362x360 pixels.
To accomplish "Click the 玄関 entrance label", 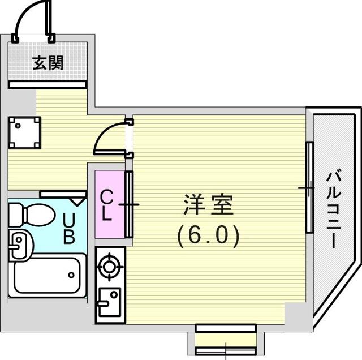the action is click(48, 63).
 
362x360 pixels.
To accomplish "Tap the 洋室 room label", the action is click(208, 205).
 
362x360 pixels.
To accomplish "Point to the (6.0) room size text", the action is click(208, 236).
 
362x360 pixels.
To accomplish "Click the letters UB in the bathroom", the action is click(69, 228).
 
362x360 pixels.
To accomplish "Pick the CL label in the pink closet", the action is click(106, 205).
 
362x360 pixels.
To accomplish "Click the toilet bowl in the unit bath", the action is click(40, 215).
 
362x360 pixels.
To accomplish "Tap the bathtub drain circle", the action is click(71, 275).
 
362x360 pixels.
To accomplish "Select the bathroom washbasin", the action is click(20, 245).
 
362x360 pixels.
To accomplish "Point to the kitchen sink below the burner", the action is click(109, 302).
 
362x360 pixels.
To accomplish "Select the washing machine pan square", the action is click(24, 133).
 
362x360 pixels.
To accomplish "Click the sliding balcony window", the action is click(309, 187).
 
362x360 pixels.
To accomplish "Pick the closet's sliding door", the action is click(129, 204).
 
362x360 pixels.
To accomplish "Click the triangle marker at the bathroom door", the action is click(77, 202).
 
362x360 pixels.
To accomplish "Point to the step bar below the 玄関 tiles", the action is click(48, 84).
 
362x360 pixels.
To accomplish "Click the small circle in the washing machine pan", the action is click(18, 126).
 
